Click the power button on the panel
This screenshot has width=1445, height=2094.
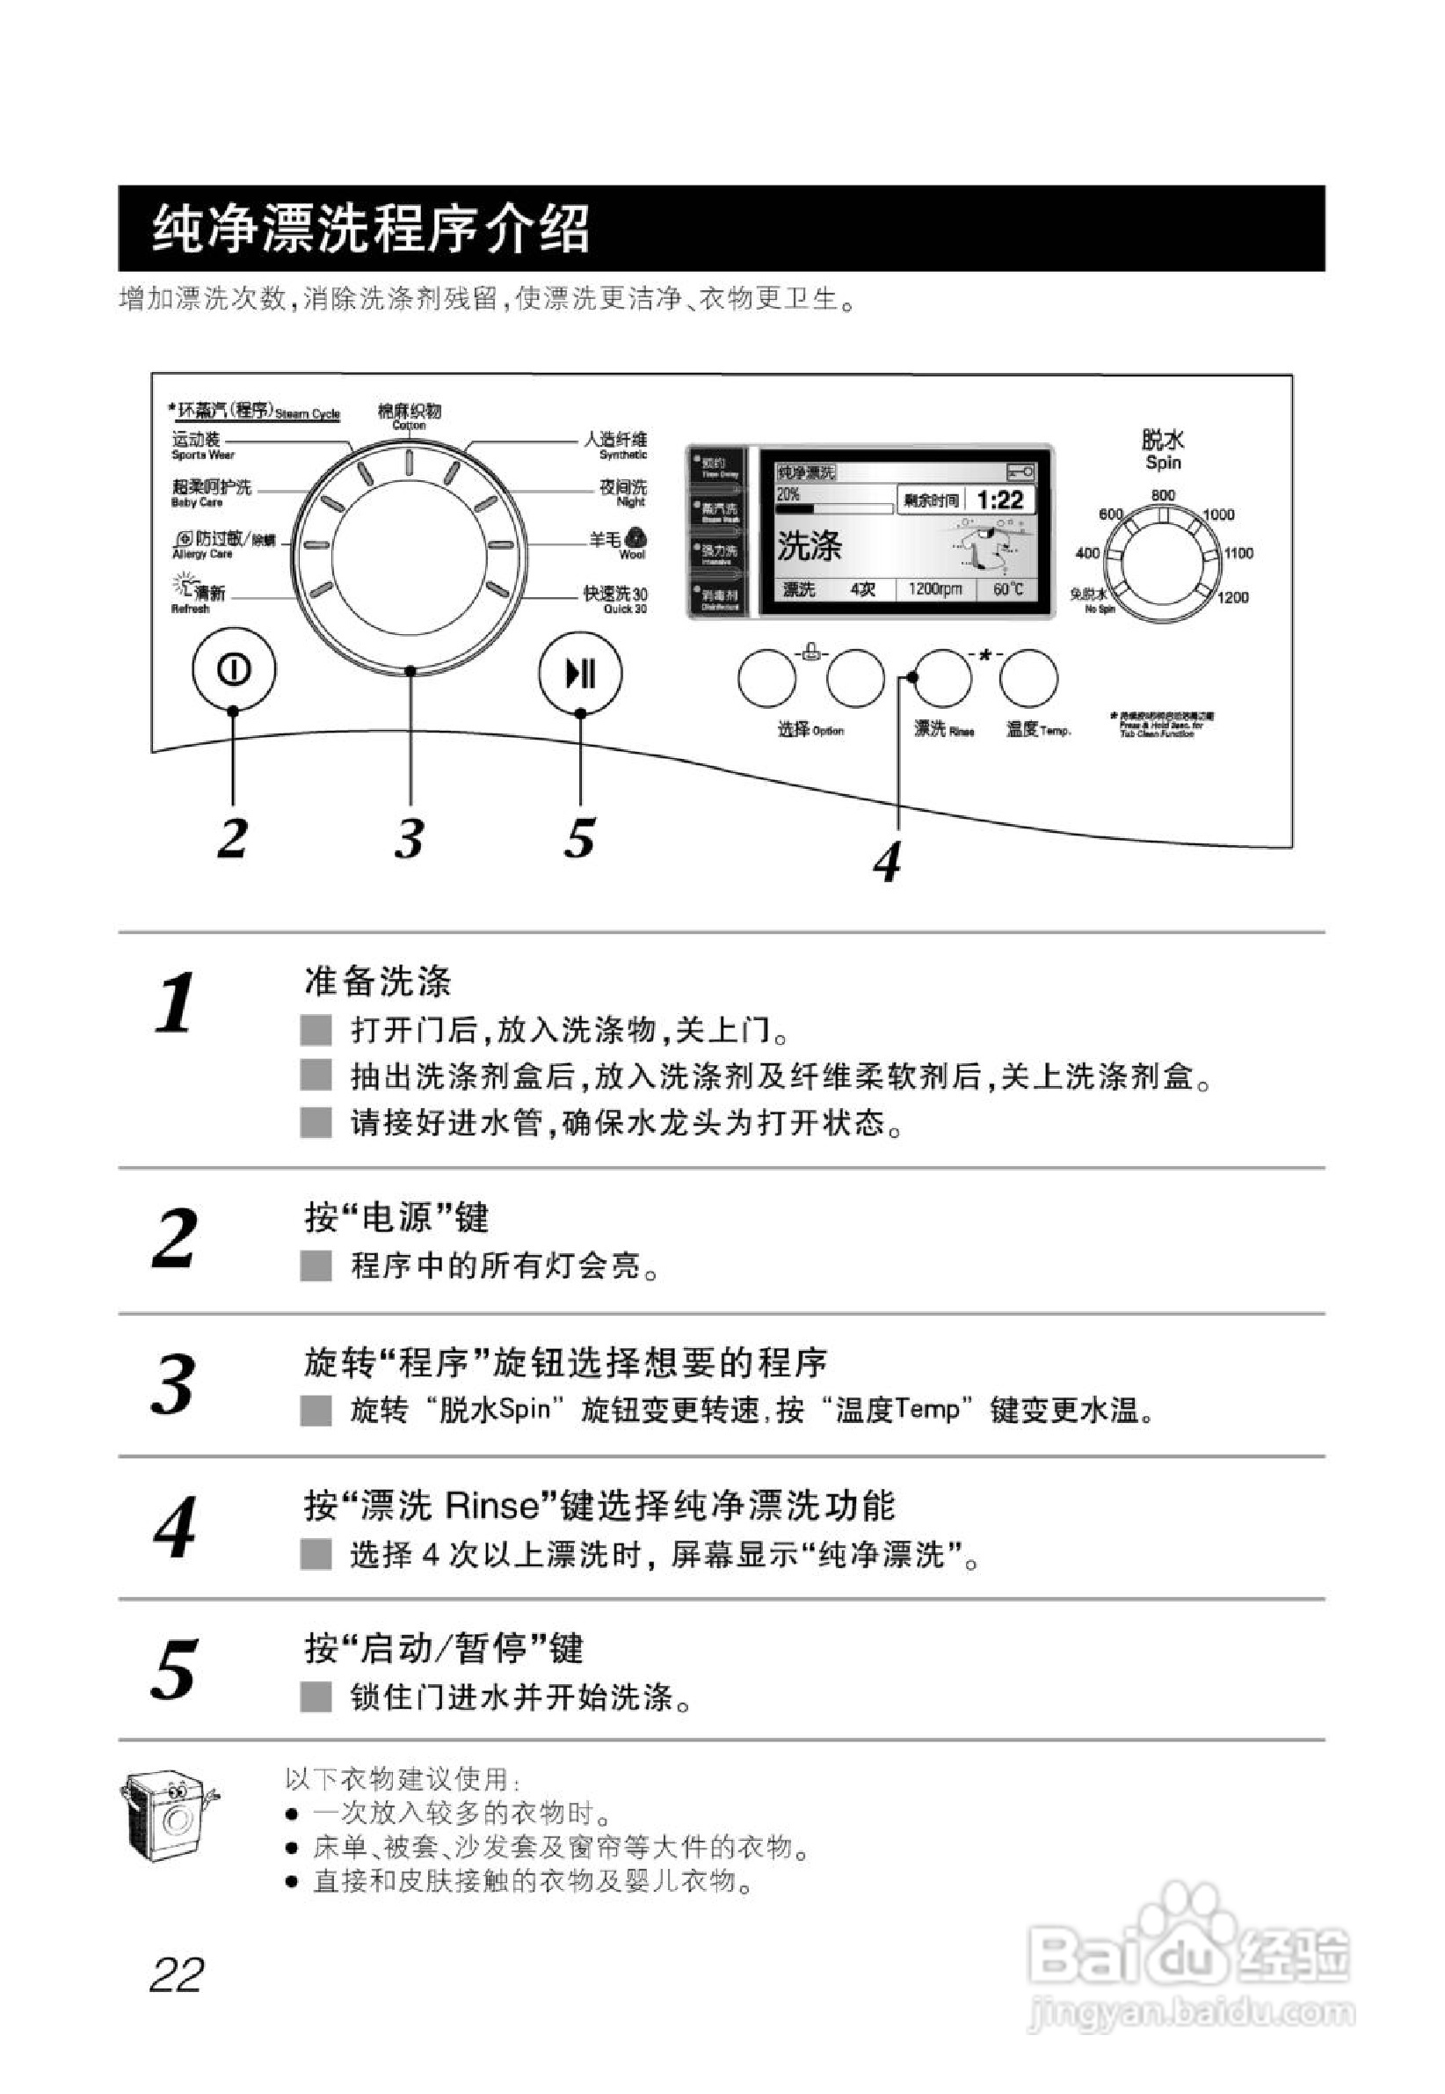234,669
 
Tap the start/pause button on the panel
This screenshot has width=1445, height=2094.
579,674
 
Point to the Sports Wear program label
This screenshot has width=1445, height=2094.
202,446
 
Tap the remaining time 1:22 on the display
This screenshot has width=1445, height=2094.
999,500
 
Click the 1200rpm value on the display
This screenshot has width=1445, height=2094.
934,589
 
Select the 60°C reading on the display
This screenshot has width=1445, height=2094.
1007,589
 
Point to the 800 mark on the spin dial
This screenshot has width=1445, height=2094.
1164,495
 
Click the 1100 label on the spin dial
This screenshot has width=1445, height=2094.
1238,553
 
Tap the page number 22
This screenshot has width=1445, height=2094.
177,1974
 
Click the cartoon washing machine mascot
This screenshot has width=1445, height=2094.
170,1816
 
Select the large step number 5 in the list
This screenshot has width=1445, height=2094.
174,1669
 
